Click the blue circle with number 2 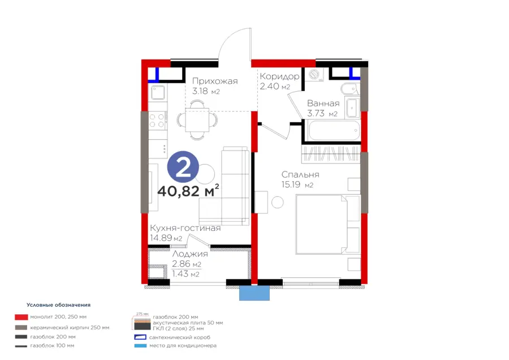(x=183, y=167)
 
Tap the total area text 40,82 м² (x=188, y=191)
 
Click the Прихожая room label (x=215, y=81)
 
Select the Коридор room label (x=279, y=76)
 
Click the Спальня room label (x=300, y=174)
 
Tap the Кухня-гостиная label (x=186, y=228)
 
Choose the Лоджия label (x=190, y=254)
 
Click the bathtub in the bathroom (x=334, y=131)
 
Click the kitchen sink (x=158, y=93)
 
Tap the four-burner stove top (x=157, y=120)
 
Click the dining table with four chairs (x=197, y=120)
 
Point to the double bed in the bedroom (x=328, y=225)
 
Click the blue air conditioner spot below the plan (x=255, y=293)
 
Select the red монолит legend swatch (x=21, y=317)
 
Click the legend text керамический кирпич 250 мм (x=70, y=328)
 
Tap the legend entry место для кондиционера (x=183, y=346)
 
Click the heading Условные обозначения (x=58, y=305)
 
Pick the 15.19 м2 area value (x=297, y=185)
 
